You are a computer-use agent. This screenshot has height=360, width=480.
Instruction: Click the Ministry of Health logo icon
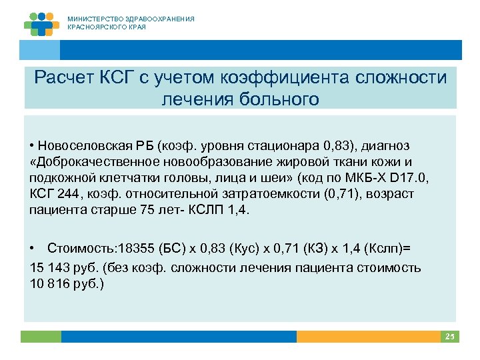[x=41, y=23]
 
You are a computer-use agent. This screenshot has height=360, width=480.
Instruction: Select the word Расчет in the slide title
[x=64, y=78]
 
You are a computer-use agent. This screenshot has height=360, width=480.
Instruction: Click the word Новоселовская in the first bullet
[x=79, y=145]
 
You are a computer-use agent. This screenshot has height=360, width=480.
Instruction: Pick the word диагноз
[x=387, y=145]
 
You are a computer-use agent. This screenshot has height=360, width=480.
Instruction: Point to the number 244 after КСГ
[x=65, y=193]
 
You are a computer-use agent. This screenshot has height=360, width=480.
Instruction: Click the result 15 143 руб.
[x=64, y=267]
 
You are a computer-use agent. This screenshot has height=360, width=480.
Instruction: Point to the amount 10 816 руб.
[x=64, y=283]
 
